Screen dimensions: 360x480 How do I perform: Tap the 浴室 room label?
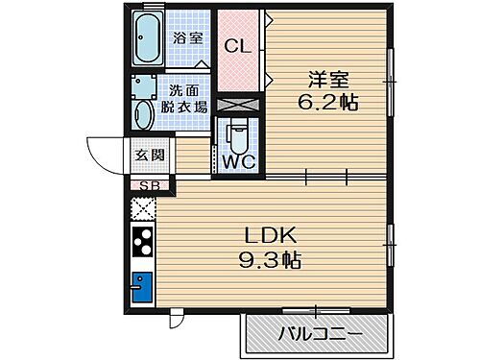tap(188, 37)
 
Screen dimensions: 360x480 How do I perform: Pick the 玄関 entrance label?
tap(148, 155)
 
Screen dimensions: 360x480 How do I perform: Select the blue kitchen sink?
tap(142, 289)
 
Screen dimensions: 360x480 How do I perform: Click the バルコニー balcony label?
tap(321, 336)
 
